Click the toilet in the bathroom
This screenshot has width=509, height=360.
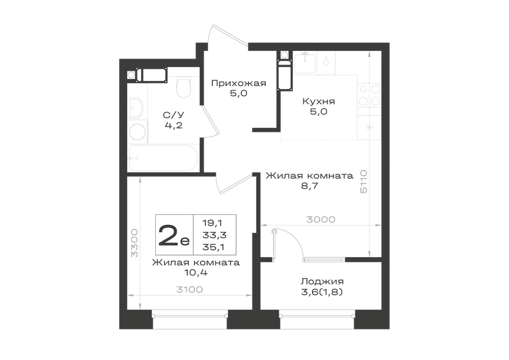[x=183, y=87]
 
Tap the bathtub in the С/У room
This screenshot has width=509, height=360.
[x=163, y=158]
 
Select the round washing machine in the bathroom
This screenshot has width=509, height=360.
[x=137, y=132]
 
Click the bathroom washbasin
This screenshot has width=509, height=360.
[x=136, y=108]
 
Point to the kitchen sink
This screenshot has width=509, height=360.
[x=304, y=63]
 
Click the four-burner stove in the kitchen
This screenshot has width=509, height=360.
[x=369, y=95]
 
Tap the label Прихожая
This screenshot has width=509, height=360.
[x=239, y=84]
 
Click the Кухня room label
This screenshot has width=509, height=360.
[x=319, y=101]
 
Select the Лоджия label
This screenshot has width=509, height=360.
[x=322, y=281]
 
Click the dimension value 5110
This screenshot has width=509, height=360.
[x=363, y=181]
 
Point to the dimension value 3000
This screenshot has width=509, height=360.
[x=321, y=219]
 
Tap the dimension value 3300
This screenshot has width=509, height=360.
[x=134, y=243]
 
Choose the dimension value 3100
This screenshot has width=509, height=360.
[x=189, y=289]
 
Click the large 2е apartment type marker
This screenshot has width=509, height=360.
[x=174, y=235]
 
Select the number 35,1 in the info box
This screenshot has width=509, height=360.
[x=214, y=247]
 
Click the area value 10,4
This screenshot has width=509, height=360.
[x=196, y=273]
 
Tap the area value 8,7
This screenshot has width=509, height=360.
[x=309, y=186]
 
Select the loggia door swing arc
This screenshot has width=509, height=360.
[x=294, y=239]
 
